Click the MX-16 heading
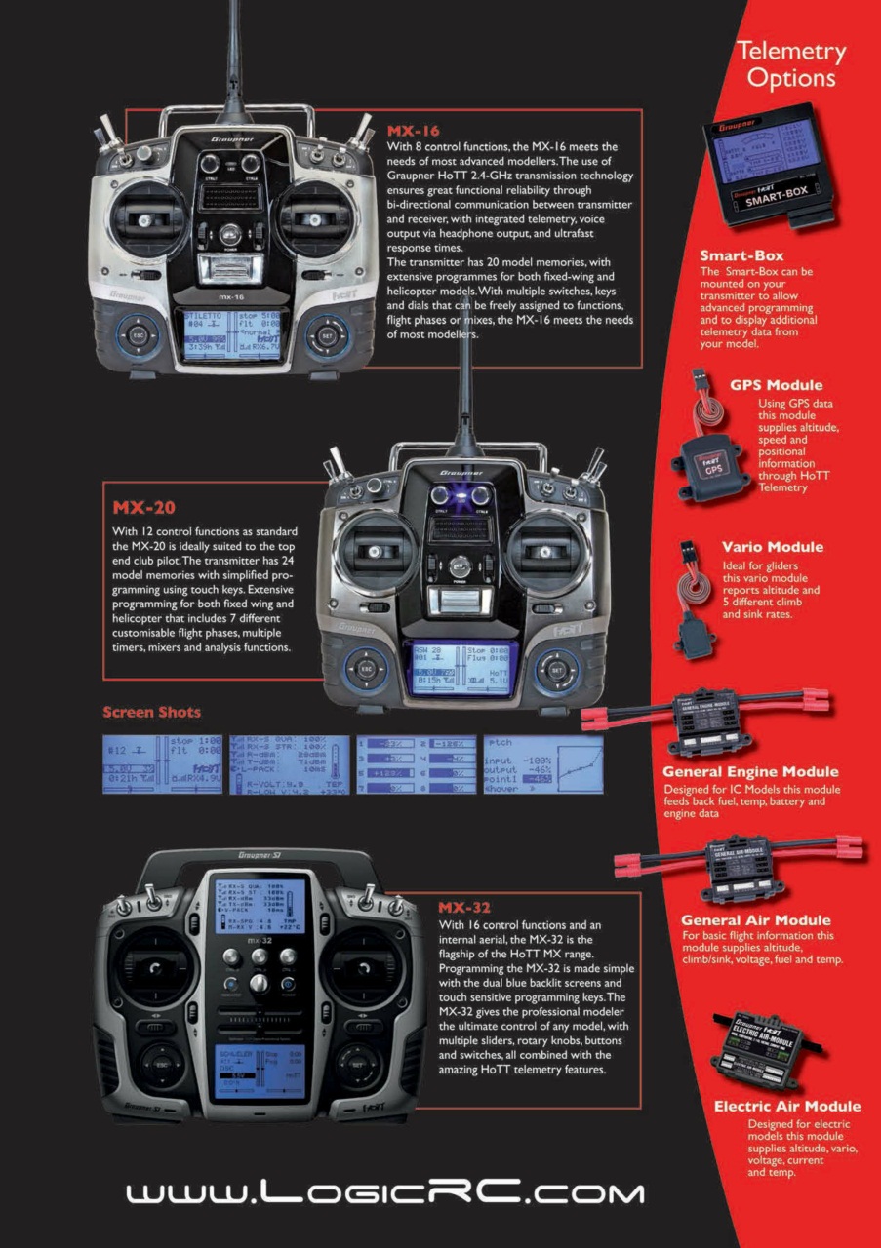coord(414,131)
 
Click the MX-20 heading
coord(143,507)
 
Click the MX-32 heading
coord(465,907)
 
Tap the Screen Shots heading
coord(151,712)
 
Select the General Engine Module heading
coord(750,772)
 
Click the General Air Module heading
coord(755,919)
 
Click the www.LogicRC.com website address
coord(385,1192)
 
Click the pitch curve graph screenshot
coord(543,764)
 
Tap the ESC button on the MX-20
coord(367,670)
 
